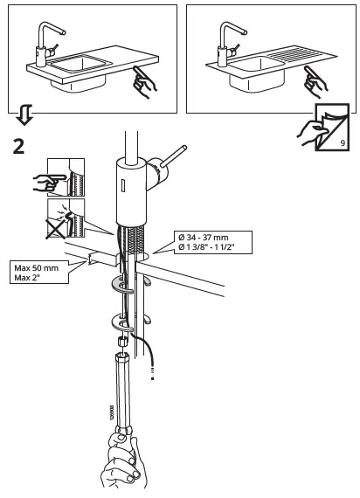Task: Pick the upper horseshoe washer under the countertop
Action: point(128,285)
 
